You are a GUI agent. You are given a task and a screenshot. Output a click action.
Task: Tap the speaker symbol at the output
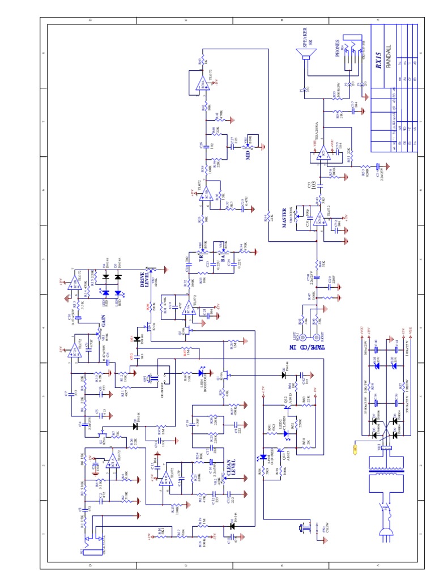coord(304,57)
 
